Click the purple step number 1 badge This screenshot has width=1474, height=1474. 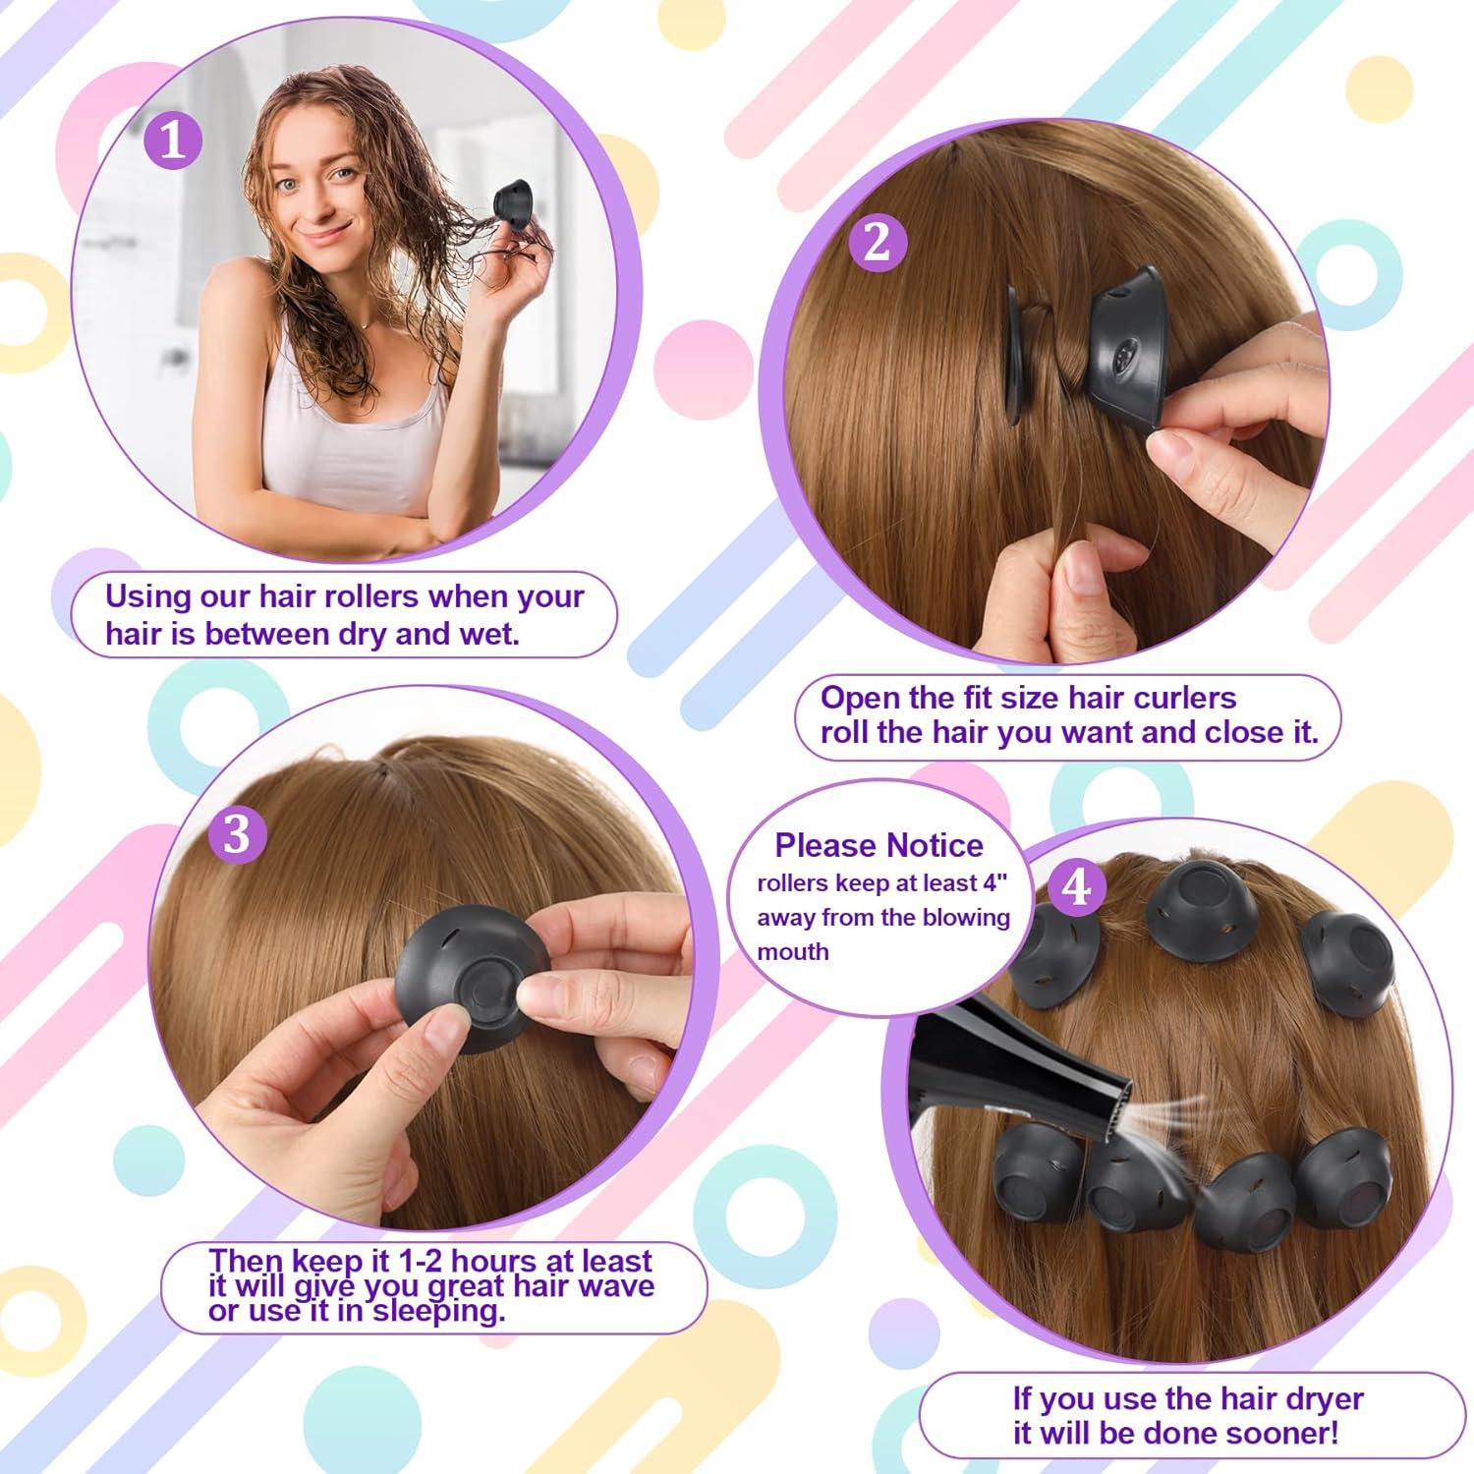coord(173,141)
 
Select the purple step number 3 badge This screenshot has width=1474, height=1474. coord(238,834)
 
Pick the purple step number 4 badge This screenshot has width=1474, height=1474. coord(1077,887)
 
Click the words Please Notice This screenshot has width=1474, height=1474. coord(879,845)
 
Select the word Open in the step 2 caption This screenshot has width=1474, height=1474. coord(860,698)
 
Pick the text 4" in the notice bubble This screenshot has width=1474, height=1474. coord(995,883)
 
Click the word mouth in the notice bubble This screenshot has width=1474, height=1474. coord(792,951)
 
